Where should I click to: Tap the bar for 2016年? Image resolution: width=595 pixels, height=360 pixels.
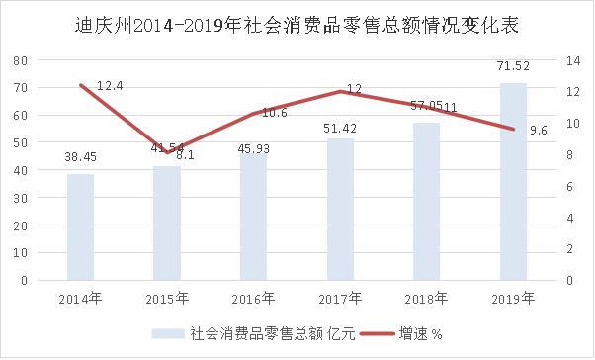(253, 218)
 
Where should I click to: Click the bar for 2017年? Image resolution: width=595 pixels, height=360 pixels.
(340, 210)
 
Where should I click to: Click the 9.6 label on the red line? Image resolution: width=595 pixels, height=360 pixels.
(539, 131)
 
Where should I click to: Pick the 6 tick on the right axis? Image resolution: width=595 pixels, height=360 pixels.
(568, 186)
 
